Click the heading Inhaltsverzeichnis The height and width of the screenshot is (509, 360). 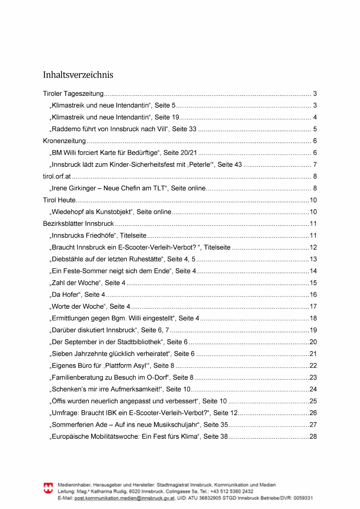pos(78,75)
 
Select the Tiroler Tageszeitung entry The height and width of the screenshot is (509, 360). pos(73,94)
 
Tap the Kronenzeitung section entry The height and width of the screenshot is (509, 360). pos(64,141)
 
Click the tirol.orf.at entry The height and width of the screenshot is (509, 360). pos(57,176)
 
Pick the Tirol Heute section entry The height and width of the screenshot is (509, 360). pos(59,200)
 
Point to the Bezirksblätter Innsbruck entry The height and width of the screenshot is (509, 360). pos(78,224)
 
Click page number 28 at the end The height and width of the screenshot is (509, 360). pos(313,436)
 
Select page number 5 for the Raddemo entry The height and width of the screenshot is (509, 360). pos(315,129)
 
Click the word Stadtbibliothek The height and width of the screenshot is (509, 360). pos(139,342)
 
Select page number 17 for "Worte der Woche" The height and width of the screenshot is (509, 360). pos(313,306)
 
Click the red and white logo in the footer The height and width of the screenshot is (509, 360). pos(48,488)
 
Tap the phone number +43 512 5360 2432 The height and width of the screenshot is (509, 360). pos(232,492)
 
